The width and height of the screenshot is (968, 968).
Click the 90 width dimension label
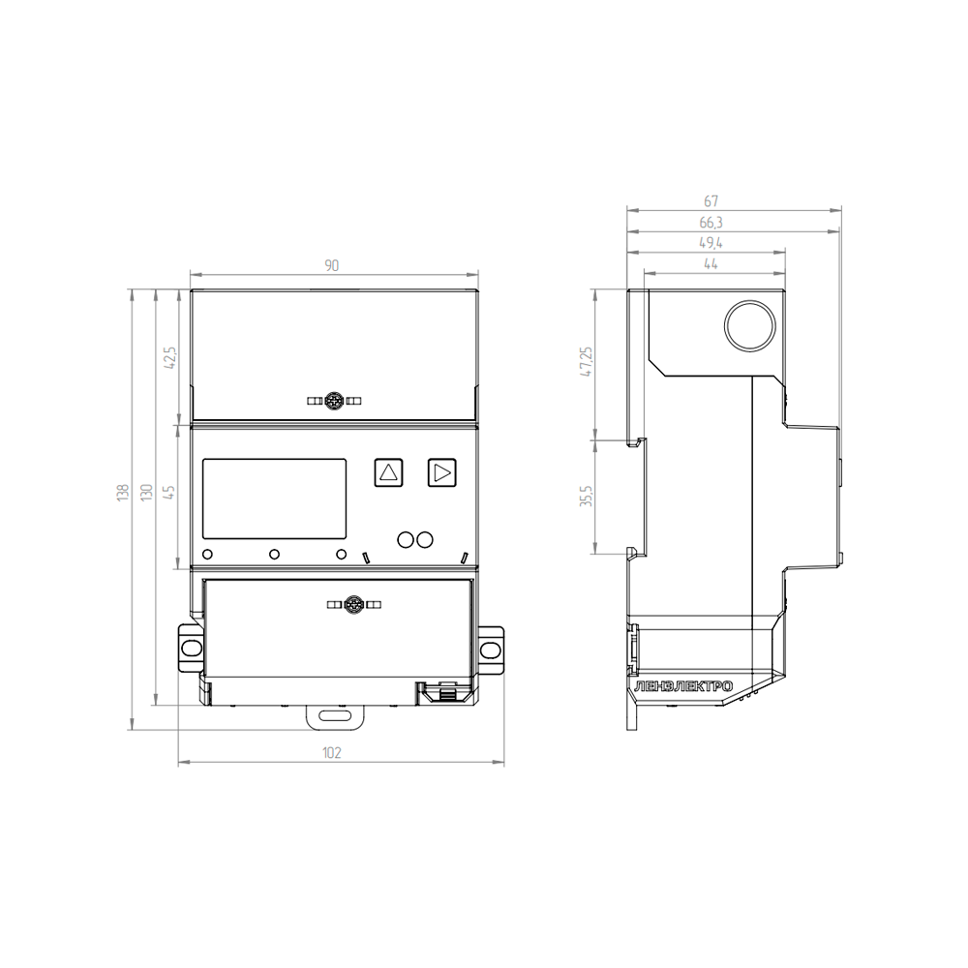tap(331, 265)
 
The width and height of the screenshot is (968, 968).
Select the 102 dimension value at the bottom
tap(331, 752)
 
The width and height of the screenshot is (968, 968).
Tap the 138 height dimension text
tap(124, 492)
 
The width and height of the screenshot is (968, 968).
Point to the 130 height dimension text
tap(146, 492)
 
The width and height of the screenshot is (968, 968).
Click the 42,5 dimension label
tap(169, 357)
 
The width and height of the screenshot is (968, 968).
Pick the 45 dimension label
tap(169, 492)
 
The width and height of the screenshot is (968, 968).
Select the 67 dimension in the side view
tap(711, 201)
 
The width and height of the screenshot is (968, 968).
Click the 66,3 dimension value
tap(711, 223)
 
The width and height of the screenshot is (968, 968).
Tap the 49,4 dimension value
tap(711, 243)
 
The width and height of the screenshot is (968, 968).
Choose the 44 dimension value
tap(711, 264)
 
